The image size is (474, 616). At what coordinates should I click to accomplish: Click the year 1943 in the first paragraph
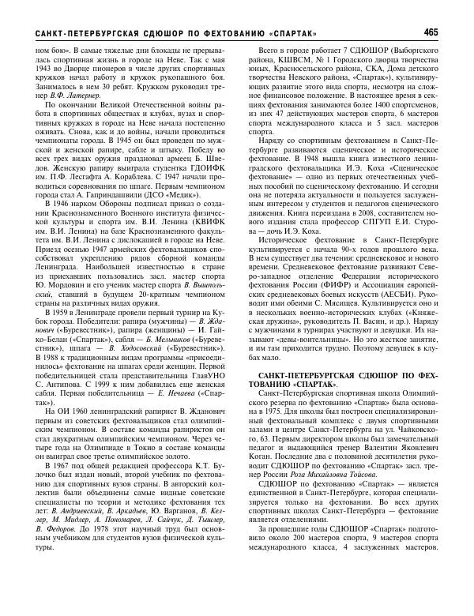43,71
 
